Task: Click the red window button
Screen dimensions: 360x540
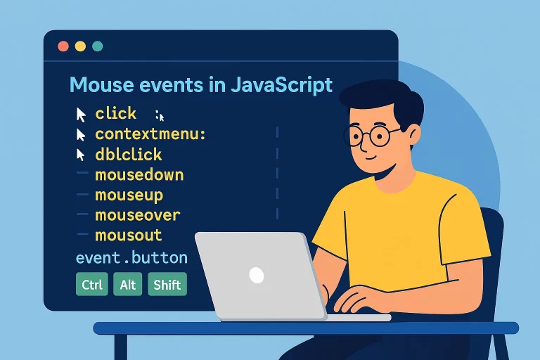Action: [x=63, y=46]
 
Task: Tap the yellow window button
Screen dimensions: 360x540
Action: [x=80, y=46]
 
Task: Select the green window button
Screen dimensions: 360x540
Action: [x=97, y=46]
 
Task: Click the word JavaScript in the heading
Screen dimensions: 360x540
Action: [x=281, y=86]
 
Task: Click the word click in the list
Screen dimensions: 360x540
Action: [x=116, y=113]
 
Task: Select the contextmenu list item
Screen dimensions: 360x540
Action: [x=150, y=134]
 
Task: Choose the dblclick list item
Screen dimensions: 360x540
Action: [x=129, y=154]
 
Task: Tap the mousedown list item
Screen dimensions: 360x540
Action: [x=139, y=174]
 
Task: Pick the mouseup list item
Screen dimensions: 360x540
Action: [x=129, y=194]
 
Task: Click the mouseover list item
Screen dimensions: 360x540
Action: [x=138, y=214]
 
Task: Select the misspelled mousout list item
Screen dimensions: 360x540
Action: [x=129, y=235]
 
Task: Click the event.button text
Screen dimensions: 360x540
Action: [x=131, y=257]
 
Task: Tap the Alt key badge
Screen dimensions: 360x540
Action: [x=128, y=285]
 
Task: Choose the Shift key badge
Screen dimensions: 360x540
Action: [x=167, y=285]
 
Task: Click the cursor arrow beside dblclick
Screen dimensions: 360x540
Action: [x=82, y=154]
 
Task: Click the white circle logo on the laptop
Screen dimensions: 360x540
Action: [x=257, y=274]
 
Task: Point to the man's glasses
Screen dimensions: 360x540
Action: [x=373, y=136]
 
